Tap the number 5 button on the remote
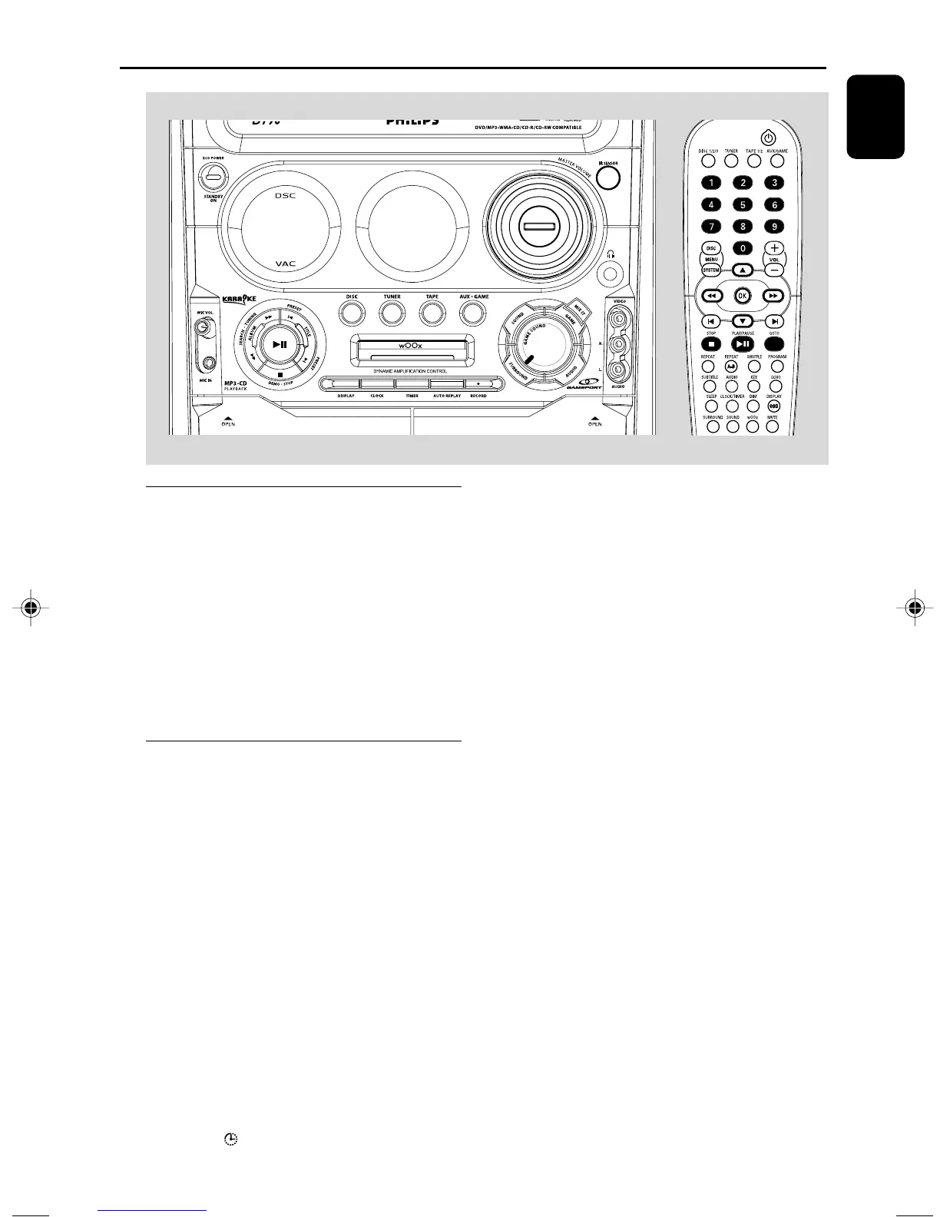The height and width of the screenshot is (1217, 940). click(x=743, y=204)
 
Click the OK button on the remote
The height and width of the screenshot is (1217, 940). click(x=742, y=296)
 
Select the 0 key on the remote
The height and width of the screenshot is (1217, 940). click(x=743, y=248)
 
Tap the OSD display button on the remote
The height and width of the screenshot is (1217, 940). click(x=774, y=406)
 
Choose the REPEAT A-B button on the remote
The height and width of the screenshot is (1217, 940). click(x=731, y=366)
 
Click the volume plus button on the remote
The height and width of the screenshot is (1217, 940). click(x=775, y=248)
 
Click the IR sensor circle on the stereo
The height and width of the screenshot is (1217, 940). click(x=608, y=177)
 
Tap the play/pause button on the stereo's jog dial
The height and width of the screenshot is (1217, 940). click(x=280, y=344)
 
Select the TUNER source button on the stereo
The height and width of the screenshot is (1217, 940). click(x=392, y=313)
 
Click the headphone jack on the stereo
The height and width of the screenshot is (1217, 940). click(x=611, y=272)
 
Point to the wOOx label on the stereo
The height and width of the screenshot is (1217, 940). click(x=410, y=346)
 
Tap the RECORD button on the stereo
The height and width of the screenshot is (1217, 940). click(x=478, y=383)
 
